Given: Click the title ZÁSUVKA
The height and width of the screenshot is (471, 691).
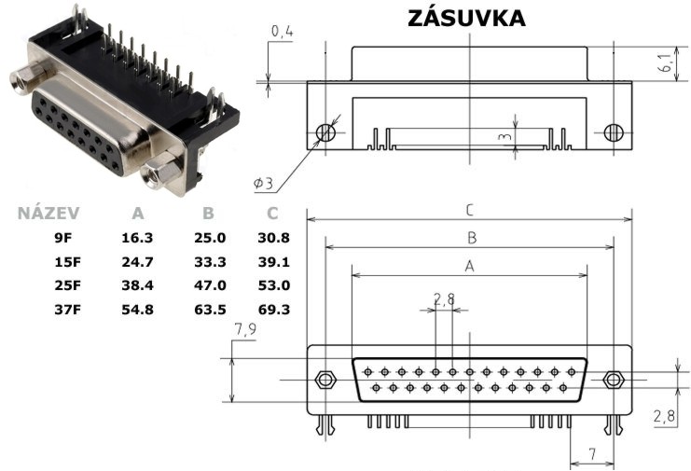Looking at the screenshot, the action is (x=466, y=17).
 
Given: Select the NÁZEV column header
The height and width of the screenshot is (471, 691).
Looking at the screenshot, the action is (x=48, y=214).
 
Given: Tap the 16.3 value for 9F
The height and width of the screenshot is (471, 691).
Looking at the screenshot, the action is (x=137, y=238).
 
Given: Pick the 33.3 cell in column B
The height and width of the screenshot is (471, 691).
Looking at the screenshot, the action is (x=210, y=262).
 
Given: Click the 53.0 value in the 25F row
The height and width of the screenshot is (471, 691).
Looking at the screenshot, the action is (x=273, y=285).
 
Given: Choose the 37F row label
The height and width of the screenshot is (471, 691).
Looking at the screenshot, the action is (x=67, y=310).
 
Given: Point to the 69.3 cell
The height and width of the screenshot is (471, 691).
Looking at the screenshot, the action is (x=273, y=310).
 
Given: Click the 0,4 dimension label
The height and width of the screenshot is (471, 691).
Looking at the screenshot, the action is (x=282, y=32).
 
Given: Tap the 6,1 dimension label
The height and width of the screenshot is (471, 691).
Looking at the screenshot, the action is (x=666, y=62).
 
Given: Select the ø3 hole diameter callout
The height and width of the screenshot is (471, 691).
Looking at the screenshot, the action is (x=264, y=183).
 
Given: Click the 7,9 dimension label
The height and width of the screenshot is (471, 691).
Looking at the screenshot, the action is (x=245, y=329).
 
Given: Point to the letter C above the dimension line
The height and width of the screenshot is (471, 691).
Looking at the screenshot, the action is (x=470, y=210).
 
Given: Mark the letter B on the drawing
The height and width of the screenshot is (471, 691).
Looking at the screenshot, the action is (x=472, y=238).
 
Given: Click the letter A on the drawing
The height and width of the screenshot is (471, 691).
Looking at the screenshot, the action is (x=470, y=266).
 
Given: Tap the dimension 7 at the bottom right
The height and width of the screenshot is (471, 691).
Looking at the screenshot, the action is (x=593, y=454).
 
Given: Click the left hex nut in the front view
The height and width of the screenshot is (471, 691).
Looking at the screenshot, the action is (x=325, y=380).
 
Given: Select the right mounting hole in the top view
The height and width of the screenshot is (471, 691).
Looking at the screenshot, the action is (x=614, y=132).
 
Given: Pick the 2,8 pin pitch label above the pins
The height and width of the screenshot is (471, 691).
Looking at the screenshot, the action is (x=444, y=299).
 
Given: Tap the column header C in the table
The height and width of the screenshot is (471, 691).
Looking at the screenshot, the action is (x=272, y=214).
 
